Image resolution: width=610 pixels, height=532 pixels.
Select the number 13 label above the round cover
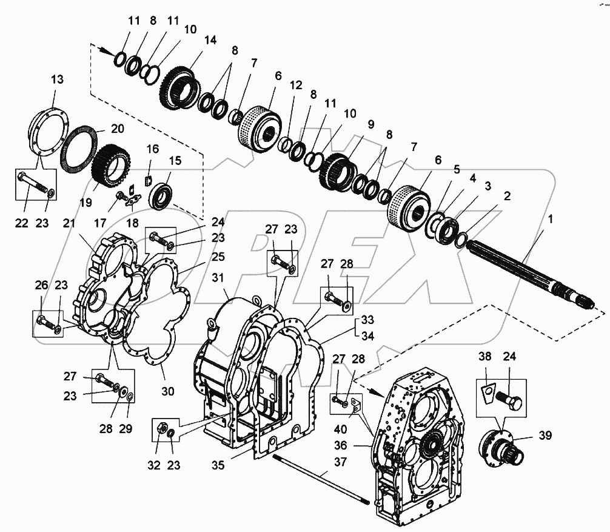coord(56,79)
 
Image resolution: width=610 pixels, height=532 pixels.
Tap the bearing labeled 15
coord(164,195)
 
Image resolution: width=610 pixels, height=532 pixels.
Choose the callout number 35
coord(219,465)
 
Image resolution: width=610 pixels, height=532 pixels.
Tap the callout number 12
coord(295,86)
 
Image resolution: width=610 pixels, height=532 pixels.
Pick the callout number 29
coord(125,429)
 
